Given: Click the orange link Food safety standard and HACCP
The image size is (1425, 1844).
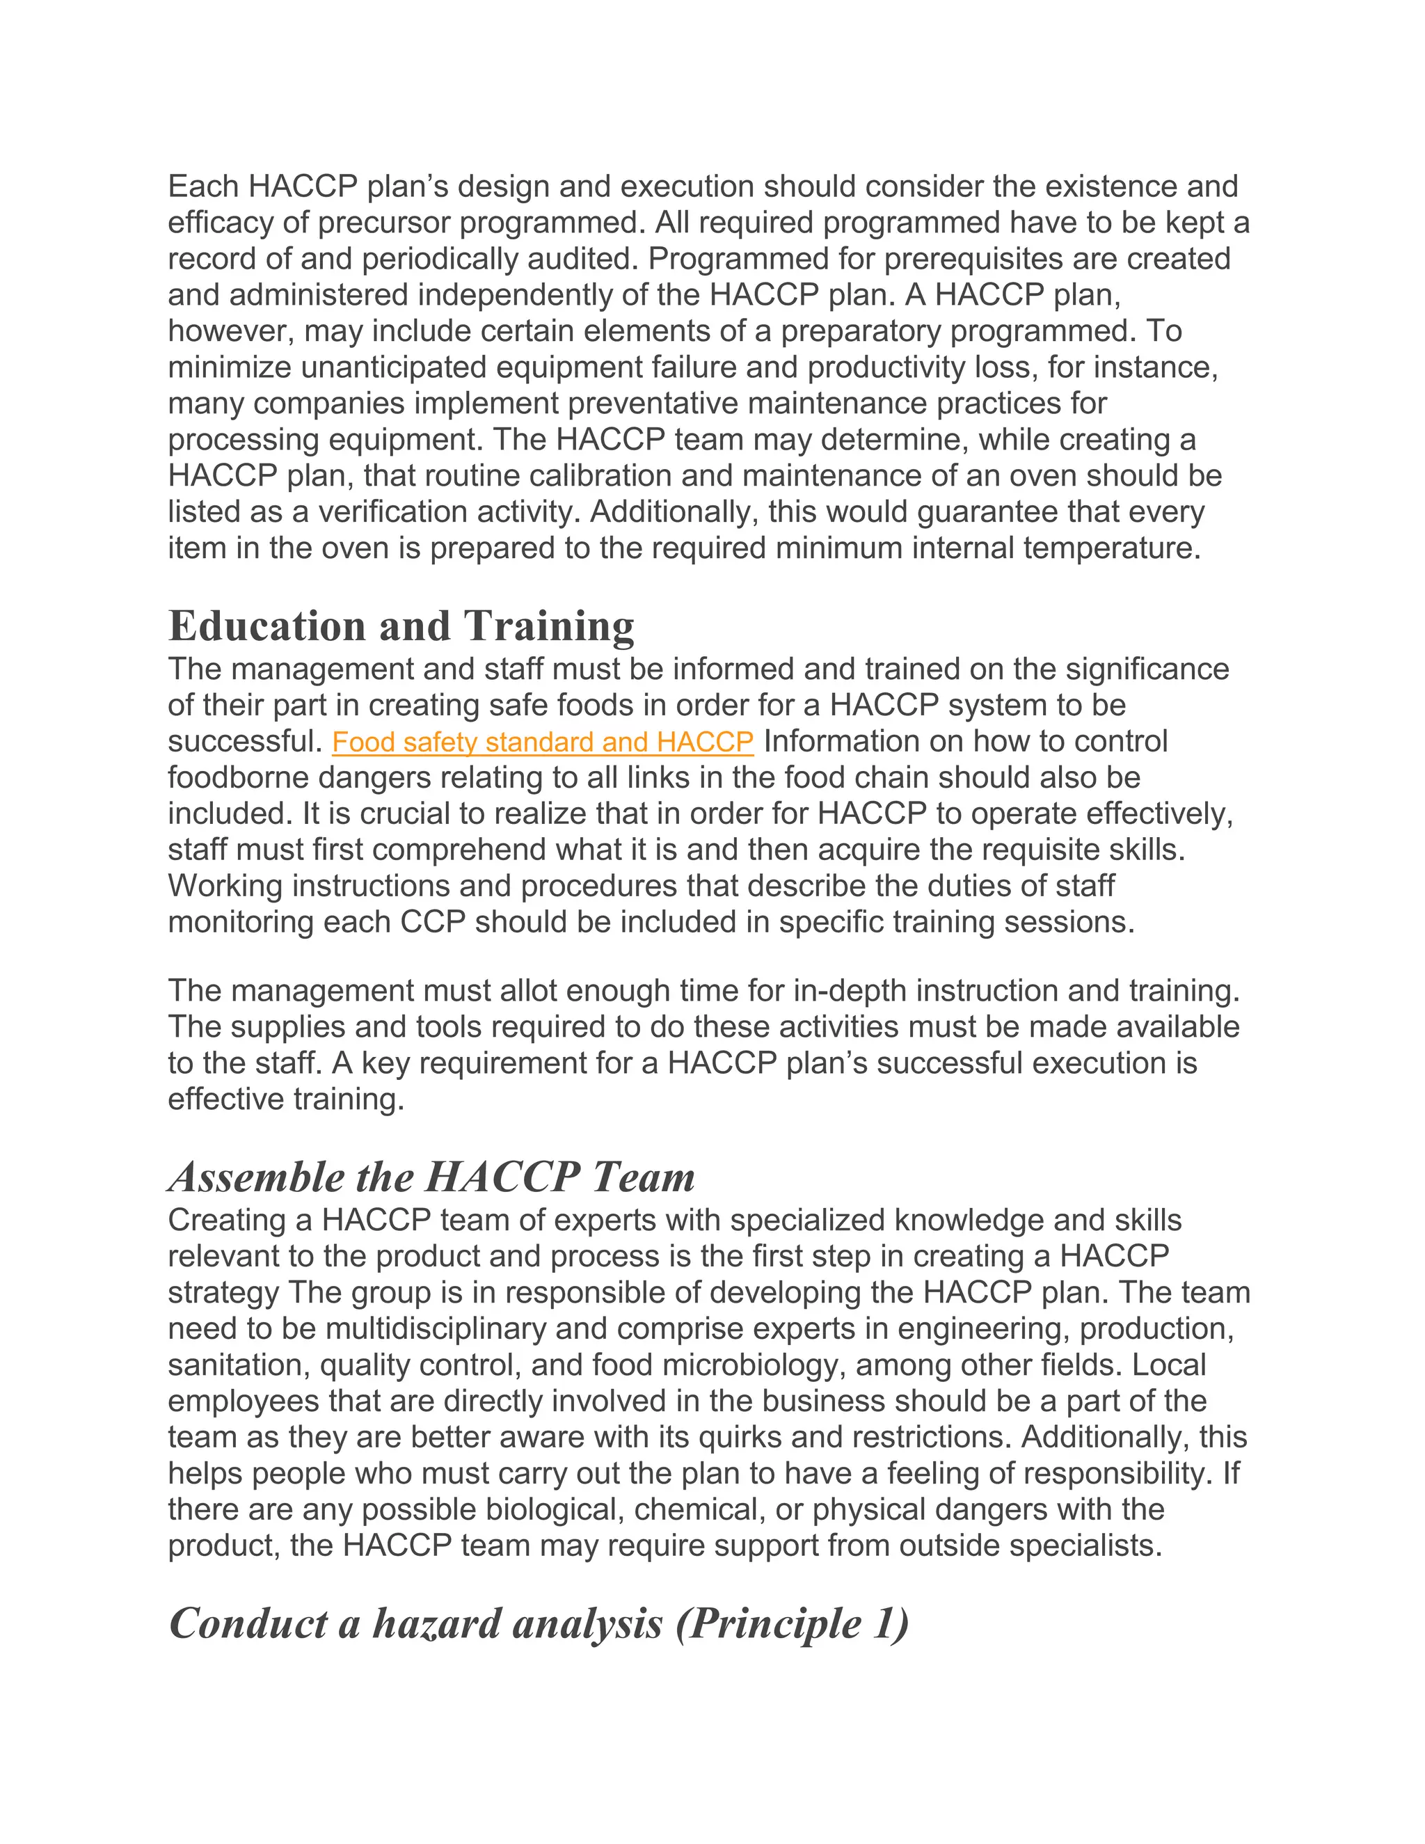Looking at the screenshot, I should tap(542, 742).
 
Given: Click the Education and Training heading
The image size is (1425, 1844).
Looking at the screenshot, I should tap(401, 626).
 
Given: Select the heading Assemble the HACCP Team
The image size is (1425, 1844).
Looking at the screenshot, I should tap(431, 1176).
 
